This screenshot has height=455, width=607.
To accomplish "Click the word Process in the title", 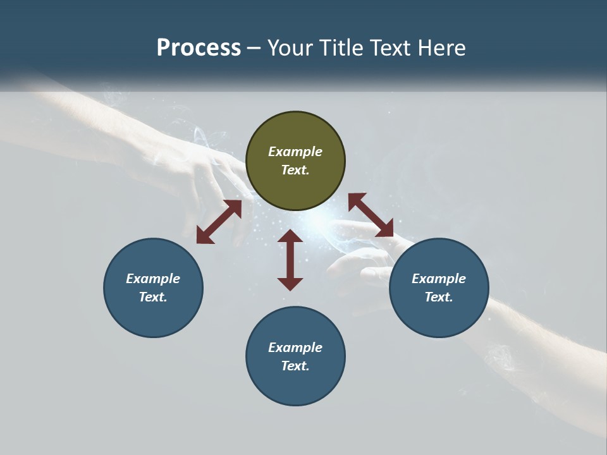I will pyautogui.click(x=199, y=48).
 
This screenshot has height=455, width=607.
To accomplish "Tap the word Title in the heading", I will pyautogui.click(x=342, y=48).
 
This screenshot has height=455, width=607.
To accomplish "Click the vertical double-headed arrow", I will pyautogui.click(x=290, y=260).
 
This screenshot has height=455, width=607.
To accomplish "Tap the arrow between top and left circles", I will pyautogui.click(x=219, y=222).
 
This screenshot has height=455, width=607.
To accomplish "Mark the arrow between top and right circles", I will pyautogui.click(x=371, y=215).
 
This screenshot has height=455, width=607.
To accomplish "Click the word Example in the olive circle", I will pyautogui.click(x=295, y=152).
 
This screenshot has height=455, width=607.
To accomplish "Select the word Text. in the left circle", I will pyautogui.click(x=153, y=297).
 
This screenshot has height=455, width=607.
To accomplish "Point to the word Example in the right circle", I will pyautogui.click(x=439, y=279).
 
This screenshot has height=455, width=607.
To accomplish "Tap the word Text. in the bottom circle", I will pyautogui.click(x=295, y=366).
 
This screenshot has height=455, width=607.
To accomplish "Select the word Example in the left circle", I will pyautogui.click(x=153, y=279).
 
